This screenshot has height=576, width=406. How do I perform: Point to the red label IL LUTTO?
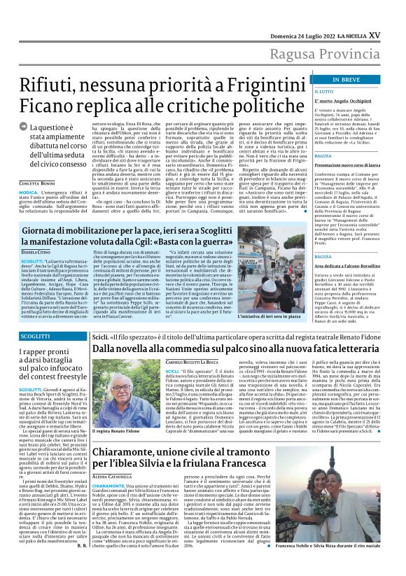[305, 92]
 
